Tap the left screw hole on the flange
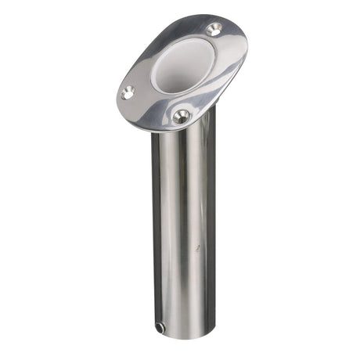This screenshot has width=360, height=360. click(128, 92)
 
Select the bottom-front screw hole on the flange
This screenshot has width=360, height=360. click(182, 117)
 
